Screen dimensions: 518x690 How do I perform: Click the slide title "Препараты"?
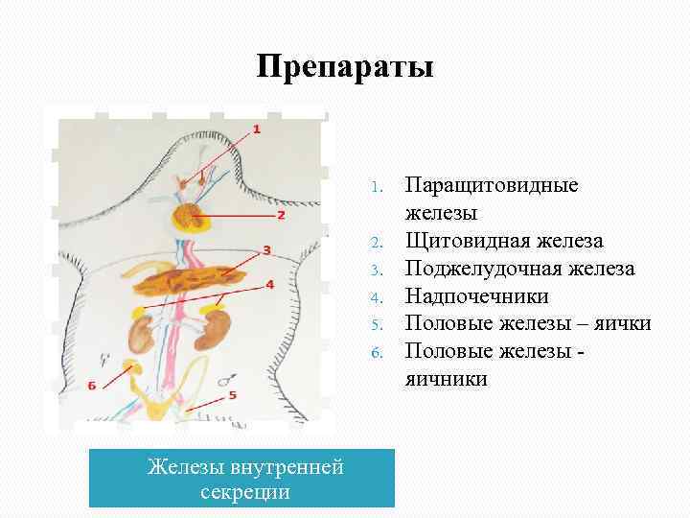[345, 67]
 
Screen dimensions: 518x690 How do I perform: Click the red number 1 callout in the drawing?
[256, 129]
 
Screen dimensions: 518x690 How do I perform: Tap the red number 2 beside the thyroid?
[281, 215]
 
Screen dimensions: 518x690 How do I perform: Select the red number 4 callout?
[269, 285]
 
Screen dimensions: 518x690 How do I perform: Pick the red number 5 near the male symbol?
[233, 393]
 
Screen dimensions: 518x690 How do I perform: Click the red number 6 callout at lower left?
[92, 386]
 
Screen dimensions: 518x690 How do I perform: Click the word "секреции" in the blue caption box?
[245, 492]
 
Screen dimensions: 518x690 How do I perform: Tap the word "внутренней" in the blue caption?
[287, 468]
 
